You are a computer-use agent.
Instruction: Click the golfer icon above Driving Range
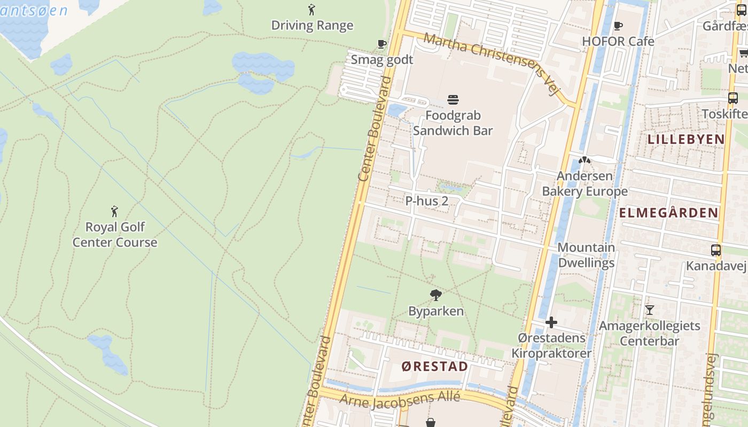pos(311,10)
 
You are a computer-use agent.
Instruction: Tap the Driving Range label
pos(312,25)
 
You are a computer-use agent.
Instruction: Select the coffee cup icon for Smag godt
pos(381,44)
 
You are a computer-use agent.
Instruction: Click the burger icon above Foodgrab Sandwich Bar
pos(453,99)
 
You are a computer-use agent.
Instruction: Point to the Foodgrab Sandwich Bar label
pos(453,123)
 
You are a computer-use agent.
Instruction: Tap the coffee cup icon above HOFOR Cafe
pos(618,26)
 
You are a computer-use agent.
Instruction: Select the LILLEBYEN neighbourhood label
pos(686,139)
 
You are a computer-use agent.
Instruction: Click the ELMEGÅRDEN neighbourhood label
pos(668,213)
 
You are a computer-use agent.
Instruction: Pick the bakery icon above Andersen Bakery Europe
pos(585,160)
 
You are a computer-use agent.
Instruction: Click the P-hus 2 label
pos(426,201)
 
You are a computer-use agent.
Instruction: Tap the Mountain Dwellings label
pos(586,255)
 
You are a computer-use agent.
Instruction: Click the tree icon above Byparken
pos(436,295)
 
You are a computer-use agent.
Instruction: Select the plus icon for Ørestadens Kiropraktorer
pos(551,322)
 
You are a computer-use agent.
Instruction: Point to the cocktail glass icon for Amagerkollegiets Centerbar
pos(649,310)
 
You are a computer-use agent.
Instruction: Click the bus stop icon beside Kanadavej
pos(715,250)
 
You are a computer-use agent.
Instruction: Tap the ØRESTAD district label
pos(434,366)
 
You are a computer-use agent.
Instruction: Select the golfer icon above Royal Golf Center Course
pos(114,211)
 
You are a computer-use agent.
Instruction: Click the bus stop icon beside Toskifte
pos(733,98)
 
